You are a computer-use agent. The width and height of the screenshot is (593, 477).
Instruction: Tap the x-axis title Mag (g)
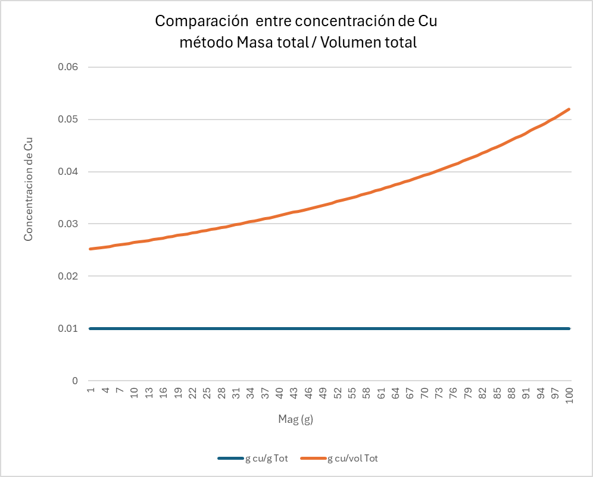(x=296, y=419)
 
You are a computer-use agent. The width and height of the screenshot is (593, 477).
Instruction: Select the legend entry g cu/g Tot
(x=267, y=458)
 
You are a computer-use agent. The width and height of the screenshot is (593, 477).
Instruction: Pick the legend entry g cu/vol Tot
(x=352, y=458)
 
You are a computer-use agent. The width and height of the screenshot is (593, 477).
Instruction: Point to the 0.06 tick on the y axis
(x=68, y=67)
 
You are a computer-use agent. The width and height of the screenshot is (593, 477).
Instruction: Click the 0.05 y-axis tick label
(x=68, y=120)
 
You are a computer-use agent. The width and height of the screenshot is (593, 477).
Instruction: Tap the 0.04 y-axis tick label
(x=68, y=172)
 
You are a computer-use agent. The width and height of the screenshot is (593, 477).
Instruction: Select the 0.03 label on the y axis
(x=68, y=224)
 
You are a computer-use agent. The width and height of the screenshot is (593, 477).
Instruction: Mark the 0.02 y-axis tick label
(x=68, y=276)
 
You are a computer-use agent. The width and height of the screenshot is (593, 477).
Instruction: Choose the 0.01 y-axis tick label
(x=68, y=328)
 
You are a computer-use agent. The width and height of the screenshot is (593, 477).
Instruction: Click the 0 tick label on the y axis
(x=75, y=381)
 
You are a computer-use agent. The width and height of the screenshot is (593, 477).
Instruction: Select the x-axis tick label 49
(x=323, y=394)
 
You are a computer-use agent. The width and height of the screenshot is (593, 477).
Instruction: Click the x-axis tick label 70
(x=425, y=394)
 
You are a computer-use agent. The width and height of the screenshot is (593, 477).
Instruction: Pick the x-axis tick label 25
(x=207, y=394)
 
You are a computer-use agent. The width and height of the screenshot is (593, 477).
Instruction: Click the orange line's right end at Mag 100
(x=570, y=109)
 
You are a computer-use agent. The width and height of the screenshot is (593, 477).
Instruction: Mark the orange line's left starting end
(x=90, y=249)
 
